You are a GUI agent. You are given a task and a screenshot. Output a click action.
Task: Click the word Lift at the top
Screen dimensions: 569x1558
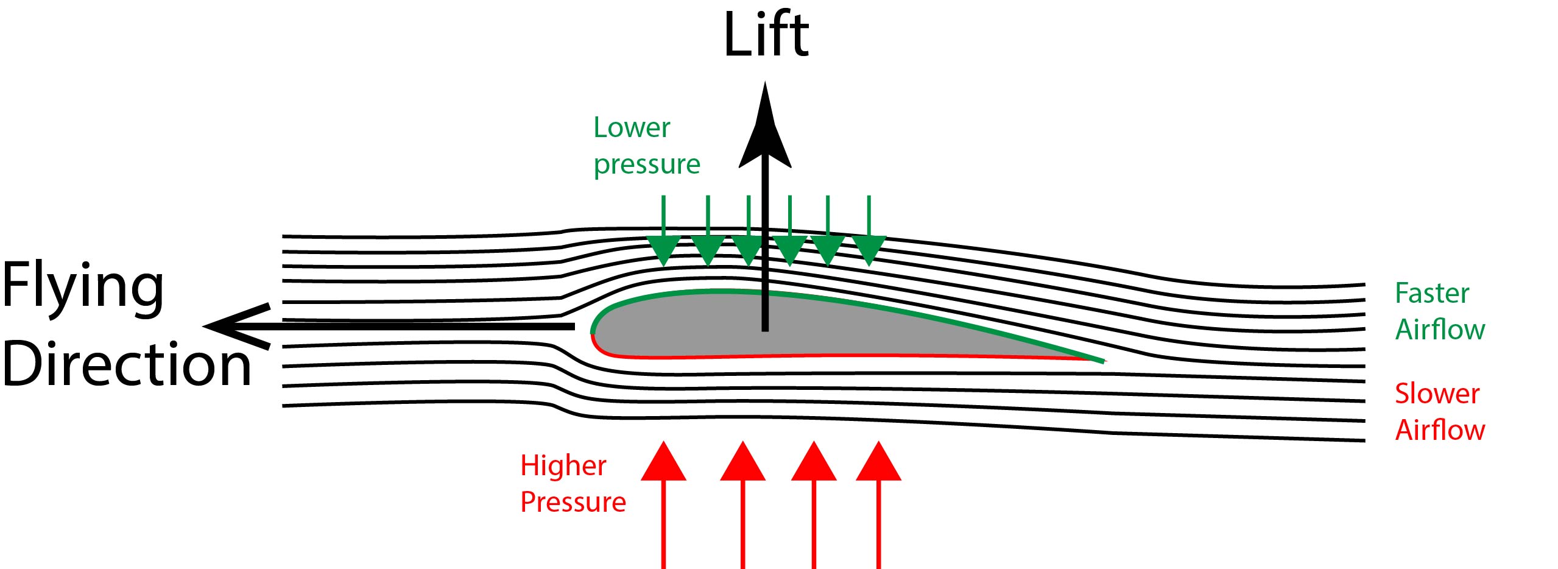pos(766,35)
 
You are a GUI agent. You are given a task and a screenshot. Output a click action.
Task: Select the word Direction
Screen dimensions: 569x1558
pos(127,364)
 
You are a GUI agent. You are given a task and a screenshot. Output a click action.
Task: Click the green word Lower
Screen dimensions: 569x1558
pos(632,128)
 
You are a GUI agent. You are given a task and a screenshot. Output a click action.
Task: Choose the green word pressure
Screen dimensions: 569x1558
pos(647,164)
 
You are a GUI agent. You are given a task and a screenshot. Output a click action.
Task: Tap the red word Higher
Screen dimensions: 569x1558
pos(563,466)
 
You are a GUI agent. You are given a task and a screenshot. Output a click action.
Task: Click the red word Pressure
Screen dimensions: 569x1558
pos(573,503)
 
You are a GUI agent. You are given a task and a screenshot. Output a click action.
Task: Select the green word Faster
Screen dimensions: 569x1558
pos(1432,294)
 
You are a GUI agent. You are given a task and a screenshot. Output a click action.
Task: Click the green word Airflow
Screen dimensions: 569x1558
pos(1440,330)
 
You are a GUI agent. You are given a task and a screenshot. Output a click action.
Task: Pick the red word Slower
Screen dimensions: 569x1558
pos(1437,394)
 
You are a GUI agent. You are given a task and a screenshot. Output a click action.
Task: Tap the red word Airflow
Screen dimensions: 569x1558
pos(1440,430)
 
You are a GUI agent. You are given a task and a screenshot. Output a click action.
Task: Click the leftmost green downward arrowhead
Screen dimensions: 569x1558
pos(663,250)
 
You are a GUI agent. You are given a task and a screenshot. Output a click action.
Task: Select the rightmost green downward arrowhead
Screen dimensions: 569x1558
pos(869,250)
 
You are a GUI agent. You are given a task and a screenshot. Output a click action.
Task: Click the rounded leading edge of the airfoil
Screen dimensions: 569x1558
pos(593,333)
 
